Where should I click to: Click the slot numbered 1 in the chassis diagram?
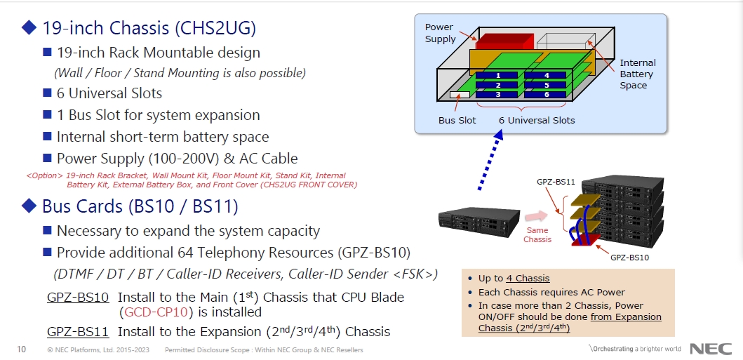click(497, 74)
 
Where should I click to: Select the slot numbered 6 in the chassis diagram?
click(546, 94)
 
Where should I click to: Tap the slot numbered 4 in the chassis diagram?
click(546, 74)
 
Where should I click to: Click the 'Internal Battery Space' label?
click(637, 74)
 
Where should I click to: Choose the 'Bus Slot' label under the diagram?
click(457, 120)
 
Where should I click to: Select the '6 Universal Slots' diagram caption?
click(537, 120)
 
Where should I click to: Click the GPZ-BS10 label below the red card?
click(629, 258)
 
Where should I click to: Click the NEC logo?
click(711, 349)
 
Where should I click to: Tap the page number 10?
click(21, 349)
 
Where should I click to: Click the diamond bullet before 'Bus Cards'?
click(29, 206)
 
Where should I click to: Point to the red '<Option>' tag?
click(43, 175)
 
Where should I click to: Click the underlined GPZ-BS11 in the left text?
click(78, 331)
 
